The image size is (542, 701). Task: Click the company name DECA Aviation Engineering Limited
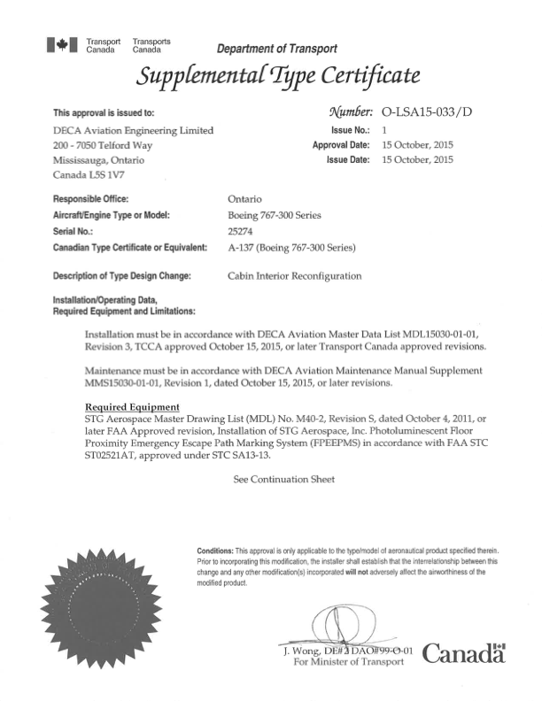point(134,130)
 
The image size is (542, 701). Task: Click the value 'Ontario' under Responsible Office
point(244,198)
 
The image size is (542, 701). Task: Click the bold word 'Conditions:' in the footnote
point(215,551)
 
